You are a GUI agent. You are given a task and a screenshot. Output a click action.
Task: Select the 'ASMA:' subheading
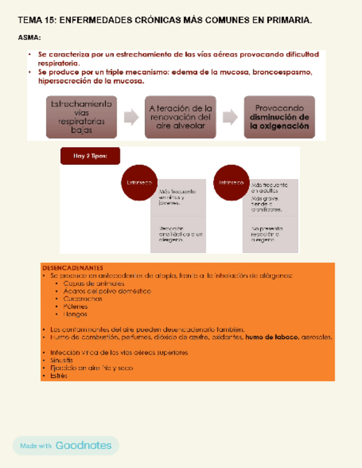[x=29, y=38]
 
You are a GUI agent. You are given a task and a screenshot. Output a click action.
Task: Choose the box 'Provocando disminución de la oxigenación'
[x=279, y=117]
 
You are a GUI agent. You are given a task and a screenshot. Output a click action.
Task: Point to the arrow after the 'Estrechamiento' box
[x=131, y=117]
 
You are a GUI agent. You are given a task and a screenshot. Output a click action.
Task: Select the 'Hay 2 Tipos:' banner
[x=90, y=156]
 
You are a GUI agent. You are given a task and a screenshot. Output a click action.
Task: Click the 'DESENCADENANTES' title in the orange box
[x=72, y=268]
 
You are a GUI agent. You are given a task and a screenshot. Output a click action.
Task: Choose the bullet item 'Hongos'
[x=76, y=314]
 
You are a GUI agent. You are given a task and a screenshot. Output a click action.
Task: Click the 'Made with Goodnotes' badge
[x=66, y=445]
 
